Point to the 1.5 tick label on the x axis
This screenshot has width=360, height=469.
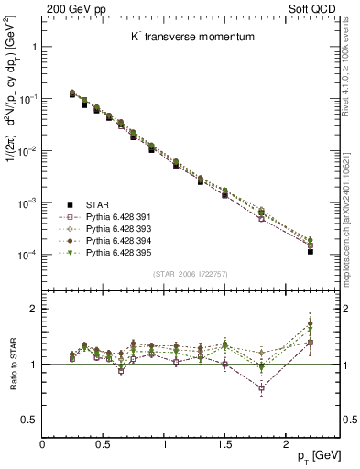pos(224,443)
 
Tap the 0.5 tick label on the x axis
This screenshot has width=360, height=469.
pos(103,443)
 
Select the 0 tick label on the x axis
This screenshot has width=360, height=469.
pos(42,443)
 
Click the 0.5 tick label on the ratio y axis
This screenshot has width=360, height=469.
pos(29,420)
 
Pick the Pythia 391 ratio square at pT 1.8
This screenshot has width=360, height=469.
pos(261,388)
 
